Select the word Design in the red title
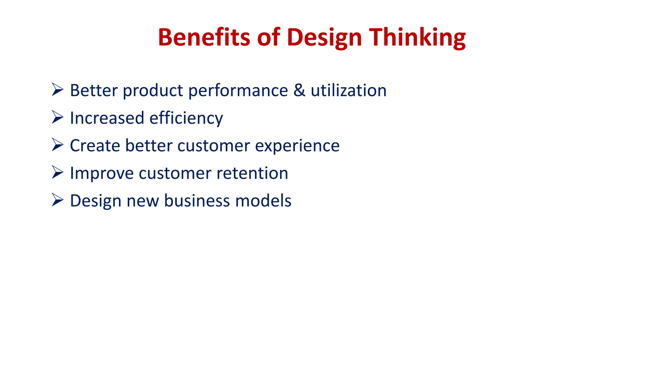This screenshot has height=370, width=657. [324, 37]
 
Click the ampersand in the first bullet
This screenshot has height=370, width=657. [299, 90]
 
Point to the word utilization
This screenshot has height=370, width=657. [348, 90]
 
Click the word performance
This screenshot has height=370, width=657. [238, 91]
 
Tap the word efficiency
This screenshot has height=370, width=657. [186, 118]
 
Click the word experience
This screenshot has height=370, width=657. [297, 146]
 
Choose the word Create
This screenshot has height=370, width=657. [95, 145]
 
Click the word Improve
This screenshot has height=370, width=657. [101, 173]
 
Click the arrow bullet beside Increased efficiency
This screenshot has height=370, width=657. [57, 117]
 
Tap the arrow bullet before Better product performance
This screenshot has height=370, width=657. [57, 90]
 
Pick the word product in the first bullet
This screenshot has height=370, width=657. [153, 91]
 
